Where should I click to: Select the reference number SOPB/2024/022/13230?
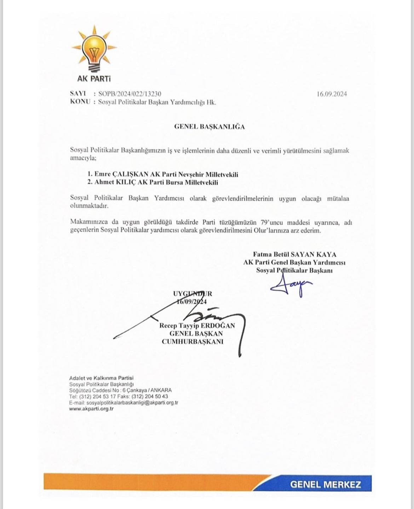pos(130,94)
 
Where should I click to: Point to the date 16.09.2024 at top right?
pos(332,94)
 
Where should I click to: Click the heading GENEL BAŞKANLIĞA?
pos(209,127)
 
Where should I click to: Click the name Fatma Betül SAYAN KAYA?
pos(294,254)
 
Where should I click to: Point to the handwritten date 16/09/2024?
pos(191,302)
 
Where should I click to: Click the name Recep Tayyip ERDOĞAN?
pos(197,326)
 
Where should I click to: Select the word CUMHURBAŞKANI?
pos(192,342)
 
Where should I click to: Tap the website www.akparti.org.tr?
pos(91,409)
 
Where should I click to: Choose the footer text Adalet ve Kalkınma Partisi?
pos(101,378)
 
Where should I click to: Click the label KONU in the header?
pos(80,102)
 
